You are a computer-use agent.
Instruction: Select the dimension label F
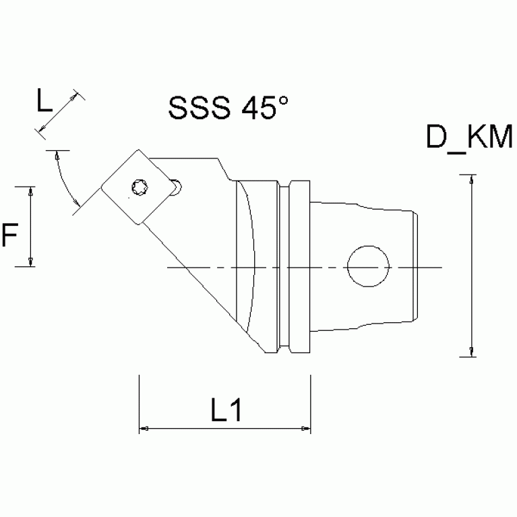click(x=10, y=236)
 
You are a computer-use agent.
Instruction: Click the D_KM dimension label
click(x=470, y=139)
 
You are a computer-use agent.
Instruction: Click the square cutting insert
click(x=140, y=187)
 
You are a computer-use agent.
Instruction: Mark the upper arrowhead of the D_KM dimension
click(x=471, y=179)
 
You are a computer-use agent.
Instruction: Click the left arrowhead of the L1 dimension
click(x=143, y=427)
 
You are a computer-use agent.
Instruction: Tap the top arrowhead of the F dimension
click(x=31, y=191)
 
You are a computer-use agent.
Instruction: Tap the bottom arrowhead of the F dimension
click(x=31, y=262)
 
